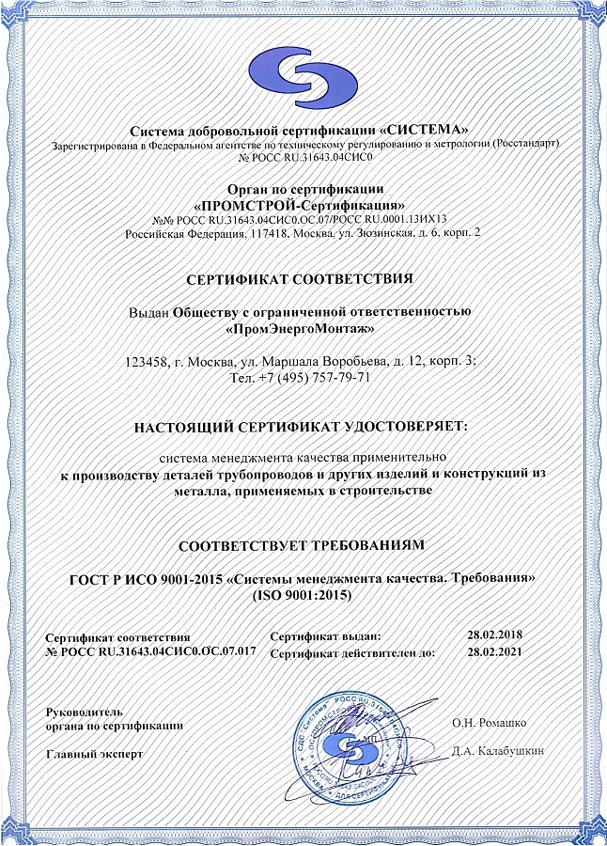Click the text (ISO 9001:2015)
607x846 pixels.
[x=303, y=596]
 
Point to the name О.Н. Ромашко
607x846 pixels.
[x=488, y=722]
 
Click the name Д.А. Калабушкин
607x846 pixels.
[x=496, y=750]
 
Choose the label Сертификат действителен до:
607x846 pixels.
[x=351, y=651]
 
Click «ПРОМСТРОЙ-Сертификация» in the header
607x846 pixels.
[x=299, y=204]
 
